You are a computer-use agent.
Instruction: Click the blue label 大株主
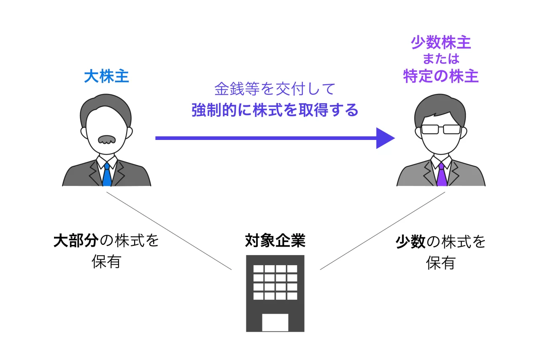(106, 76)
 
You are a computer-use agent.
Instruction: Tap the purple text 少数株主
(441, 43)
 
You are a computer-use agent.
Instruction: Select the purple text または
(441, 59)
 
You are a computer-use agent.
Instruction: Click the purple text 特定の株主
(441, 76)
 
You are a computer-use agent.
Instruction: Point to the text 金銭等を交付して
(275, 89)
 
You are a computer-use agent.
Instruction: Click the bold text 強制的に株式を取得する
(275, 110)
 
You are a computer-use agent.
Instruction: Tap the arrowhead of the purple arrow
(385, 138)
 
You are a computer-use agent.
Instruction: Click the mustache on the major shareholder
(107, 139)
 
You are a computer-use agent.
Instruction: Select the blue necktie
(107, 174)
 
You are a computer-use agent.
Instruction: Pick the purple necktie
(442, 174)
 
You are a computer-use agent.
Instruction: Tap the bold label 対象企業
(275, 240)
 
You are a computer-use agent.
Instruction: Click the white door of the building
(275, 322)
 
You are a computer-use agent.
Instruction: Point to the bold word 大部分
(76, 240)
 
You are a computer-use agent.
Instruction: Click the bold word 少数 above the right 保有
(410, 242)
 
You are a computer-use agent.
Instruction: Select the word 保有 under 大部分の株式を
(106, 261)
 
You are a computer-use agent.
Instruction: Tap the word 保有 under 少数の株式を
(441, 263)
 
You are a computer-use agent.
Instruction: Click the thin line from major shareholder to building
(169, 231)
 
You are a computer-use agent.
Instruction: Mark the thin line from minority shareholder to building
(383, 231)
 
